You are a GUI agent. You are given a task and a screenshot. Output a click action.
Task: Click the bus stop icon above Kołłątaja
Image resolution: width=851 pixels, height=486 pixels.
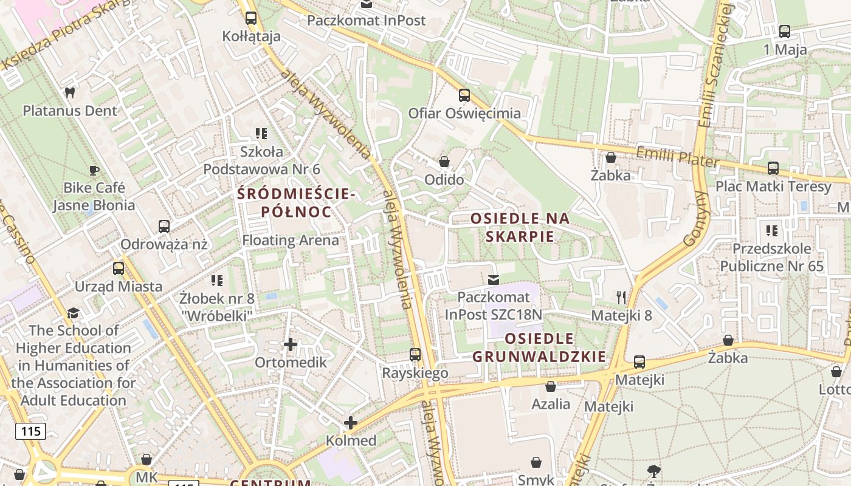pos(251,18)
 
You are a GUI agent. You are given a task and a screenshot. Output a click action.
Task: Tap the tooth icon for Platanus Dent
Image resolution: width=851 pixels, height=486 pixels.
pos(70,93)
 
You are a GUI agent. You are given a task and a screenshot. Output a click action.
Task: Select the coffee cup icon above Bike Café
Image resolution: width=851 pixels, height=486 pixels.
pos(94,170)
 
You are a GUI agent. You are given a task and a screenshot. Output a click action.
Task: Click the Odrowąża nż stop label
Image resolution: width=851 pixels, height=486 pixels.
pos(164,245)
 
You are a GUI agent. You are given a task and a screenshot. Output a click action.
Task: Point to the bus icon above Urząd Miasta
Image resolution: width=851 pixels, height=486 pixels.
pos(119,268)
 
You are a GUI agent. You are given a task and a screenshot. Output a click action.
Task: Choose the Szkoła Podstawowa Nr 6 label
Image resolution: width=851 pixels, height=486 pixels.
pos(261,160)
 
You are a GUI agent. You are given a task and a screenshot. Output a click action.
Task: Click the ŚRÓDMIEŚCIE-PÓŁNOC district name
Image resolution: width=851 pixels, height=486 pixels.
pos(296,203)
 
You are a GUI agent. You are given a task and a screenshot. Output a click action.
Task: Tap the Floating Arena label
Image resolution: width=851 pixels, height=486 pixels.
pos(291,240)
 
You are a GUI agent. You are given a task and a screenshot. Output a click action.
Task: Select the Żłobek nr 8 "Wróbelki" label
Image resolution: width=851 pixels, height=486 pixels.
pos(216,307)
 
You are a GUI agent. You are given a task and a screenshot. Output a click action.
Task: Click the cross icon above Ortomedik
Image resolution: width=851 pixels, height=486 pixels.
pos(291,344)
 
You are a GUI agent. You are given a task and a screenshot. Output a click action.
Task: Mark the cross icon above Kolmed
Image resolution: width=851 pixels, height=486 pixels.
pos(351,423)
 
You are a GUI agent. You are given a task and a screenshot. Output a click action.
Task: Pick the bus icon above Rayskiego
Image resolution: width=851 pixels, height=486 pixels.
pos(415,355)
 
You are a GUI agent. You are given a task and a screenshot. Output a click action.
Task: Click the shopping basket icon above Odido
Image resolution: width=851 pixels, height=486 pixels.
pos(444,162)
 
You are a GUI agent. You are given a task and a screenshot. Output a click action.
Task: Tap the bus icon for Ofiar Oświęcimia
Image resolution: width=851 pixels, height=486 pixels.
pos(464,95)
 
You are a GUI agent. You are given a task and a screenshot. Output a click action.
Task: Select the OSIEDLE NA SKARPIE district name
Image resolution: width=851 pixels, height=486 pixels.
pos(521,227)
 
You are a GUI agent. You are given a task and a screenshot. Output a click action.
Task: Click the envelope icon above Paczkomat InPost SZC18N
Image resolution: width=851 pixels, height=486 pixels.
pos(494,279)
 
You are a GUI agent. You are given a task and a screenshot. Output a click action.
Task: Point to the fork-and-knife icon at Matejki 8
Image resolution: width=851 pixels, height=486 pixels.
pos(621,297)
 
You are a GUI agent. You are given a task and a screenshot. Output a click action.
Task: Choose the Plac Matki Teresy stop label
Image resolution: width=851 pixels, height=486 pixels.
pos(773,187)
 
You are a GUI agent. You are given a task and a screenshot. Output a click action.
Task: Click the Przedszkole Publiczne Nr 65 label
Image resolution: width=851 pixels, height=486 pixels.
pos(772,258)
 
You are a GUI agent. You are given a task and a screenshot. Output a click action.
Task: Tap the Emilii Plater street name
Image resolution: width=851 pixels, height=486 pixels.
pos(677,157)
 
